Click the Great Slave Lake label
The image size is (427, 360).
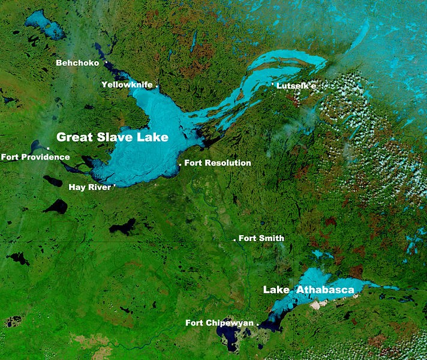click(112, 137)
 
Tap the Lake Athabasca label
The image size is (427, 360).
click(308, 290)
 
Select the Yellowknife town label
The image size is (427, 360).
click(127, 85)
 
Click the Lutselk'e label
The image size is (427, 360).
click(296, 86)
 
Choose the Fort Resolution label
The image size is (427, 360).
click(218, 163)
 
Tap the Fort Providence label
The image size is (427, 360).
click(35, 157)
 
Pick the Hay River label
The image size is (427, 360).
click(90, 187)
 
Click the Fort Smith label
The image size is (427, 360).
click(261, 238)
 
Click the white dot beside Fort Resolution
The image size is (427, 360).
click(180, 164)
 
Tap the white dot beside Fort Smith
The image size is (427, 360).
click(234, 239)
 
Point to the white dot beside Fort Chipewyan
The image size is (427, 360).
click(258, 324)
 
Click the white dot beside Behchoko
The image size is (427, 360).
click(106, 62)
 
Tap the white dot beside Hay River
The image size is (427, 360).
click(114, 186)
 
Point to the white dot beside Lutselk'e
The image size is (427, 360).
click(273, 86)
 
